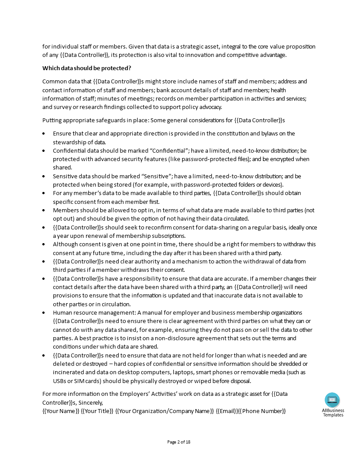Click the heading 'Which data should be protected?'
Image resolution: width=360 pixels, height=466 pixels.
tap(86, 68)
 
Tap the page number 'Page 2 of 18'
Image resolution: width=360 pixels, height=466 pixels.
tap(179, 442)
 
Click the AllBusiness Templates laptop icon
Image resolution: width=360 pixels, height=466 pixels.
tap(332, 400)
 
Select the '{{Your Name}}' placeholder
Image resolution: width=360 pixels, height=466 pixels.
tap(60, 411)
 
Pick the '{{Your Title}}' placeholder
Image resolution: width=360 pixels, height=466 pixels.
tap(97, 411)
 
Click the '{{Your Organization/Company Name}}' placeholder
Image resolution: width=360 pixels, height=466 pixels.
tap(164, 411)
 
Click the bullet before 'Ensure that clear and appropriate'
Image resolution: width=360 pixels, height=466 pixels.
tap(44, 134)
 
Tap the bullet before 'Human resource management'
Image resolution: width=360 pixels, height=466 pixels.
tap(44, 313)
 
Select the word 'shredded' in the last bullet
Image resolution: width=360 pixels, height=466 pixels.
tap(285, 364)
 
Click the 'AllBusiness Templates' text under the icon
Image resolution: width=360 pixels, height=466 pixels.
tap(333, 413)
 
